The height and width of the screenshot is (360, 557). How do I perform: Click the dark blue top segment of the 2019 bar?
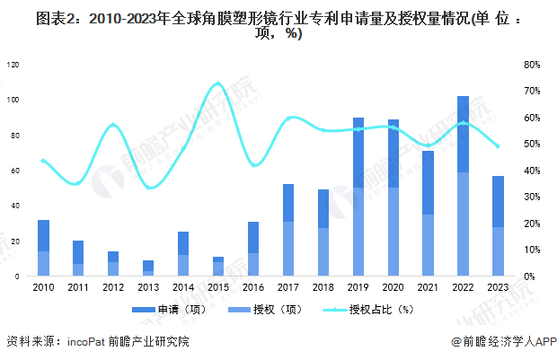[358, 153]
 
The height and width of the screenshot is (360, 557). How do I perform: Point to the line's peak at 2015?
[217, 83]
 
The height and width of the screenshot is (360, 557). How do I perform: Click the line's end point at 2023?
[497, 146]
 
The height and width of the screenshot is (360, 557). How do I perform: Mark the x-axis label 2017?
[287, 287]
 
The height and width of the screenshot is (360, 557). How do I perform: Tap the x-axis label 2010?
[42, 287]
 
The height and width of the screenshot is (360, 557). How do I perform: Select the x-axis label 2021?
[428, 287]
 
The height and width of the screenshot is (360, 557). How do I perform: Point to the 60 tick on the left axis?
[13, 171]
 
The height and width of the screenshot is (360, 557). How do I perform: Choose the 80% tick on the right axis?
[531, 65]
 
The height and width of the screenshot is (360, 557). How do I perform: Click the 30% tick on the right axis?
[531, 197]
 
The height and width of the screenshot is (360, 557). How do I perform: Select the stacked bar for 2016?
[252, 249]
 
